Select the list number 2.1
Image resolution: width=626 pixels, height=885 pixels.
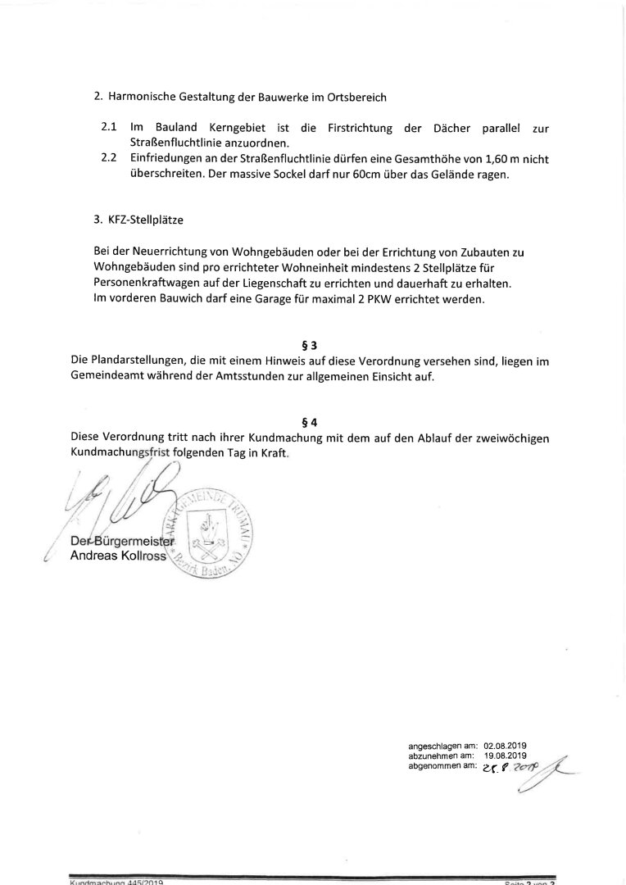click(x=109, y=129)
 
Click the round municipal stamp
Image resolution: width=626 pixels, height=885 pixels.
click(x=213, y=538)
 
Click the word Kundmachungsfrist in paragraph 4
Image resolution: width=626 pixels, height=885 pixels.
click(x=120, y=453)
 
